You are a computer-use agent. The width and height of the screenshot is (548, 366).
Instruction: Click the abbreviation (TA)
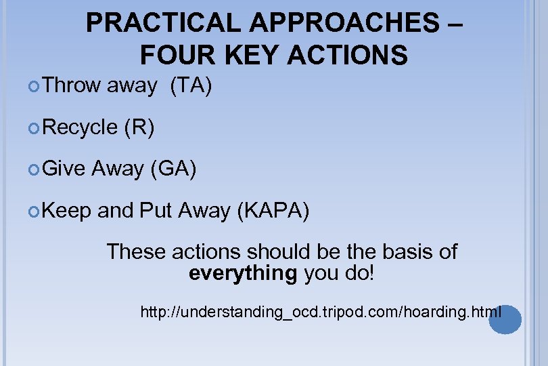point(191,85)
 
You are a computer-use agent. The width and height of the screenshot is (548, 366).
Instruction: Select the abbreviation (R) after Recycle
point(139,127)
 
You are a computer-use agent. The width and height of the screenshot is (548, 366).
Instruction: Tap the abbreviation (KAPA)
point(273,211)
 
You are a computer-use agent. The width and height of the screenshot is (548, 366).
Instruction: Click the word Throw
point(71,85)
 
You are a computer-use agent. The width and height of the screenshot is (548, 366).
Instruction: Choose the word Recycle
point(80,127)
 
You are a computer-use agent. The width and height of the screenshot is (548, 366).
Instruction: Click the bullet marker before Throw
point(36,86)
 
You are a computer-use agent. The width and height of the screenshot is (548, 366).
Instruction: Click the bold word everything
point(243,274)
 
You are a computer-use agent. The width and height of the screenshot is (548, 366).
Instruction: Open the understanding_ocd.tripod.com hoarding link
point(321,312)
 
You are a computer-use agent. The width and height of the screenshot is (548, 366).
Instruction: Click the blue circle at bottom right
point(505,321)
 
